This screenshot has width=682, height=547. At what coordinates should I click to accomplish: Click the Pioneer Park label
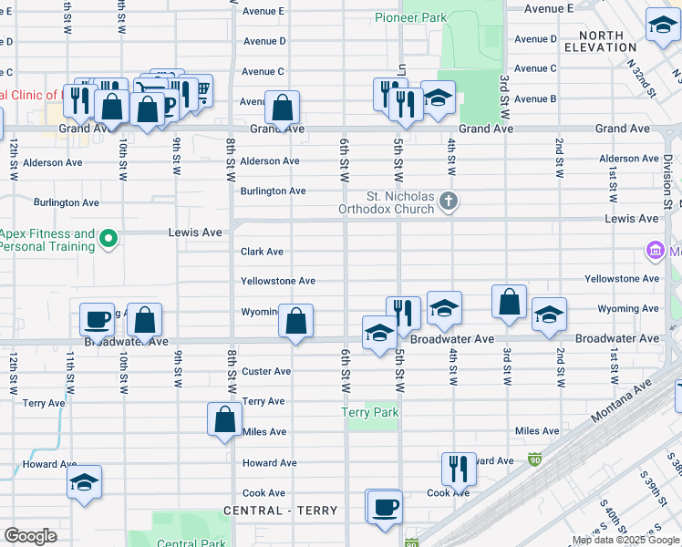[410, 17]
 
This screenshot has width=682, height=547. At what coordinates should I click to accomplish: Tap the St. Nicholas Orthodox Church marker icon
[447, 201]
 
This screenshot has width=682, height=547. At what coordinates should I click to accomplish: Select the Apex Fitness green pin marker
[108, 240]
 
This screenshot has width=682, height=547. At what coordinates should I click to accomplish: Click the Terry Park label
[369, 413]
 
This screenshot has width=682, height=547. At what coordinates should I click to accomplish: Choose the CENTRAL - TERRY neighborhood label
[280, 511]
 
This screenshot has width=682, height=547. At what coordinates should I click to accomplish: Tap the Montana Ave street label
[623, 401]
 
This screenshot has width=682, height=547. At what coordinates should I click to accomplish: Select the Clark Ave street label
[262, 252]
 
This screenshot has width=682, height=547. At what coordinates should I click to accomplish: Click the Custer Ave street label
[265, 371]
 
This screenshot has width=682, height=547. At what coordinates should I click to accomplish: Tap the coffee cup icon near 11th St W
[98, 320]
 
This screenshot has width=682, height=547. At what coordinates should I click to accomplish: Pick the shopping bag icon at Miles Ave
[224, 420]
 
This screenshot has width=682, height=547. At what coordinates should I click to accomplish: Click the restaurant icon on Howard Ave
[459, 469]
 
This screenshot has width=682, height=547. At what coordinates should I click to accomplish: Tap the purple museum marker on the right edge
[654, 250]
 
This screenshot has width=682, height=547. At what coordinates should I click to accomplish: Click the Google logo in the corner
[30, 536]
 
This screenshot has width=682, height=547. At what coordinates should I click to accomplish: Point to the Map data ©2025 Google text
[625, 541]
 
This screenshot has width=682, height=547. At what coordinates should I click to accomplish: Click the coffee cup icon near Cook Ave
[385, 506]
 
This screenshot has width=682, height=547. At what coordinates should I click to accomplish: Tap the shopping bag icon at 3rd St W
[509, 302]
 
